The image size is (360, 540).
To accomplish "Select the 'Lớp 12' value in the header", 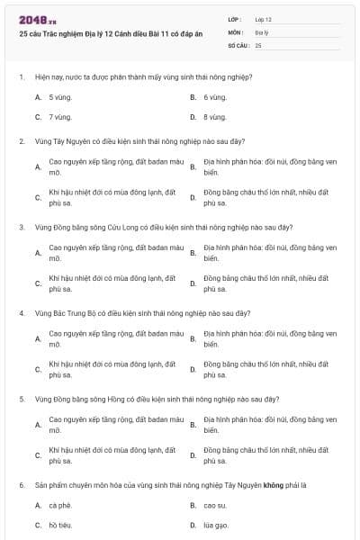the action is coord(263,19).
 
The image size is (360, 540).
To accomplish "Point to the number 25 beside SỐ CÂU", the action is coord(258,44).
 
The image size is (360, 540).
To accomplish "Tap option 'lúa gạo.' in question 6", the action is coord(216,525).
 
